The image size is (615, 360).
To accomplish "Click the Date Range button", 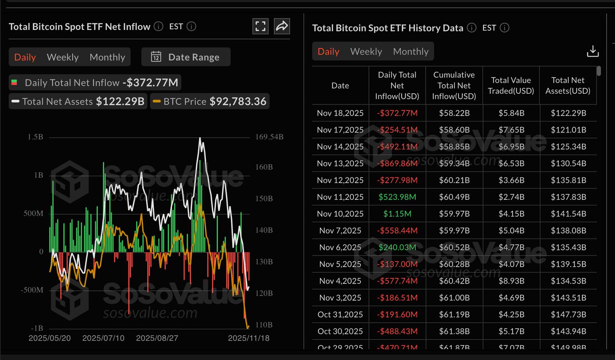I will coord(186,57).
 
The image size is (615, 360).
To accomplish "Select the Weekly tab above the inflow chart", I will coord(62,57).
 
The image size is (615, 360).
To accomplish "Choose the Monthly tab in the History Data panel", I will coord(410,52).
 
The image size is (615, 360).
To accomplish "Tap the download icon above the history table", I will coord(593,51).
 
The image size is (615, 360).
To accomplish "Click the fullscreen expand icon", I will coord(260,26).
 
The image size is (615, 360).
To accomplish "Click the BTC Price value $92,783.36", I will coord(238,101).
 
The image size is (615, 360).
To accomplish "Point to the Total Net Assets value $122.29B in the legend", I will coord(120,101).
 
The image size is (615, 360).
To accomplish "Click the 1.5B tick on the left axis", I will coord(35,137).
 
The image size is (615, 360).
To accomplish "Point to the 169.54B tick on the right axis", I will coord(269,137).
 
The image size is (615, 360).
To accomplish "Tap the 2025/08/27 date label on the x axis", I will coord(157,338).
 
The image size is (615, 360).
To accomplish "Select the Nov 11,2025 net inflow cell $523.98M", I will coord(397,197).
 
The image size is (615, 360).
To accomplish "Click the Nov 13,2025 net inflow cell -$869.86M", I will coord(397,163).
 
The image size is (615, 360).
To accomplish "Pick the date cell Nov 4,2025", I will coord(340,281).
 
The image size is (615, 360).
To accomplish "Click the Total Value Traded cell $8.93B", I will coord(511,281).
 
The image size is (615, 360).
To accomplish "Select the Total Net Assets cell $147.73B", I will coord(568,315).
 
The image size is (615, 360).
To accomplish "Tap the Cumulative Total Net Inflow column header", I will coord(454,85).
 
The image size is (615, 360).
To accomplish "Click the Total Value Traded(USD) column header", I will coord(511,85).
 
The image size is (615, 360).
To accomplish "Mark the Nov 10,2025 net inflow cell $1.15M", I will coord(397,214).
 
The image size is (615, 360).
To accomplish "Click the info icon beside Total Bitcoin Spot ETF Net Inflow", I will coord(159,26).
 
